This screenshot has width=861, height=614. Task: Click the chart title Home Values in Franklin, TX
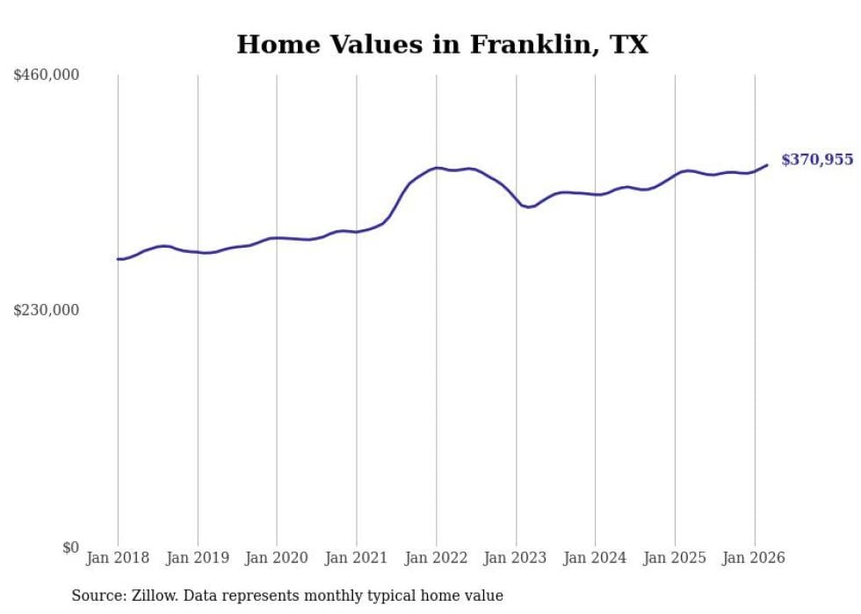tap(442, 45)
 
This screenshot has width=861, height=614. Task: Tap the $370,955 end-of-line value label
tap(816, 160)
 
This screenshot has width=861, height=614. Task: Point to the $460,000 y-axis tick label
tap(47, 76)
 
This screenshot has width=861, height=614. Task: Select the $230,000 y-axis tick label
tap(47, 310)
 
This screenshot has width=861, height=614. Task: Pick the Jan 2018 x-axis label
tap(118, 558)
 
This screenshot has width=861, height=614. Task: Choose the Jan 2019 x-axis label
tap(198, 558)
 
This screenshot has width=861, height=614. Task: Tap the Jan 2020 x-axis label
tap(277, 558)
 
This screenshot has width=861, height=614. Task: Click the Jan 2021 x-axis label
tap(357, 558)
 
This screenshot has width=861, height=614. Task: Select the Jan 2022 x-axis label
tap(436, 558)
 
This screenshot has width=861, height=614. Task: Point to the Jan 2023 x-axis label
tap(516, 558)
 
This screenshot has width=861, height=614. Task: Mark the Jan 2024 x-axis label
tap(595, 558)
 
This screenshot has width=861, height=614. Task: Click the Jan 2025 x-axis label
tap(675, 558)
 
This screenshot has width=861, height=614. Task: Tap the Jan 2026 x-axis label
tap(754, 558)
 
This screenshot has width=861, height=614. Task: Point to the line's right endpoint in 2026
tap(767, 165)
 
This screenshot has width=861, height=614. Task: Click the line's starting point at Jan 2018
tap(118, 259)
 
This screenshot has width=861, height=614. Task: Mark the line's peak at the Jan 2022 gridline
tap(436, 168)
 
